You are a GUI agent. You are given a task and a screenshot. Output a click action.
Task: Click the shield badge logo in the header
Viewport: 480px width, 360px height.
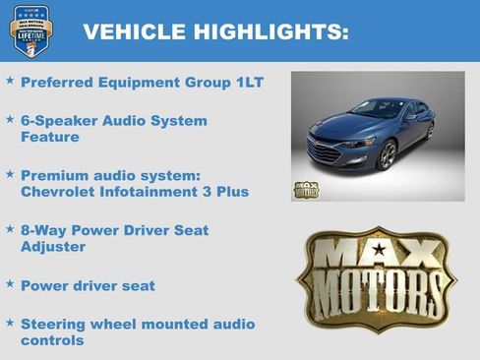click(30, 30)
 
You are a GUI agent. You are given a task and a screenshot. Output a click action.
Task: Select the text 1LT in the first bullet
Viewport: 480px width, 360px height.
click(248, 82)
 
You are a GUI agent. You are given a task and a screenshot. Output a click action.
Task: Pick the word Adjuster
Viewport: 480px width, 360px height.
click(53, 246)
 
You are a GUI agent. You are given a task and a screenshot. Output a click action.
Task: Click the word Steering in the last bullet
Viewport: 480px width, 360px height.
click(55, 324)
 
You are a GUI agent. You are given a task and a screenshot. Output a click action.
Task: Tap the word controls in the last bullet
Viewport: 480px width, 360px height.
click(52, 339)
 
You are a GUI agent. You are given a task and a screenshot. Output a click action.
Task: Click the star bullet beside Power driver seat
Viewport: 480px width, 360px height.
click(10, 284)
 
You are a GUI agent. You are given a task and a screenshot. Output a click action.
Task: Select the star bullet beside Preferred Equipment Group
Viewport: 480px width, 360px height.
click(10, 81)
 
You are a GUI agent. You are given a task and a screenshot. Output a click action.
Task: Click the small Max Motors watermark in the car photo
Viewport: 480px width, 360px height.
click(306, 189)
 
